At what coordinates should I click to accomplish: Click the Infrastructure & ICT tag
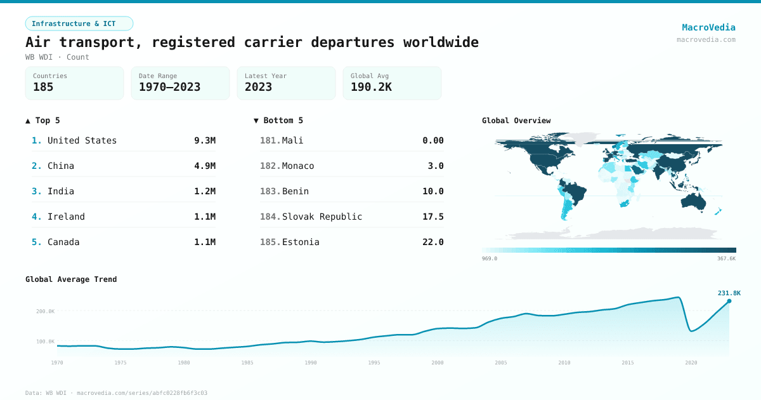click(79, 23)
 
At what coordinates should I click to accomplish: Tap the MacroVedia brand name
click(708, 27)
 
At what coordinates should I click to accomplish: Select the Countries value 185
click(43, 87)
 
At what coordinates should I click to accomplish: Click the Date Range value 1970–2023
click(169, 87)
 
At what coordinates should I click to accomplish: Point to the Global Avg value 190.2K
click(371, 87)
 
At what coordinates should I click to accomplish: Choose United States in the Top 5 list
click(82, 140)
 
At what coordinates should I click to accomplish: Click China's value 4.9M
click(205, 166)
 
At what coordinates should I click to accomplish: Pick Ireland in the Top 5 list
click(66, 217)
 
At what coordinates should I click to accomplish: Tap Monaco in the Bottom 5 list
click(298, 166)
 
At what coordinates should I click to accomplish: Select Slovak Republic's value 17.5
click(433, 217)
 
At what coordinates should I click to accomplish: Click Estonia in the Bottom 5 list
click(301, 242)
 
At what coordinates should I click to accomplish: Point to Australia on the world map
click(697, 200)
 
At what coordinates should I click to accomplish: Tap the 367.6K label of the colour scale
click(726, 258)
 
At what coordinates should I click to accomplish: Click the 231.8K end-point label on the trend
click(729, 293)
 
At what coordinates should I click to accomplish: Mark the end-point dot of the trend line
click(729, 301)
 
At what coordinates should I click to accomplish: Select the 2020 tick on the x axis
click(691, 363)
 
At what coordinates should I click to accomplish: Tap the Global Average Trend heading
click(71, 279)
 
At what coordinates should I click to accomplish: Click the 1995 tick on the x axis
click(374, 363)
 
